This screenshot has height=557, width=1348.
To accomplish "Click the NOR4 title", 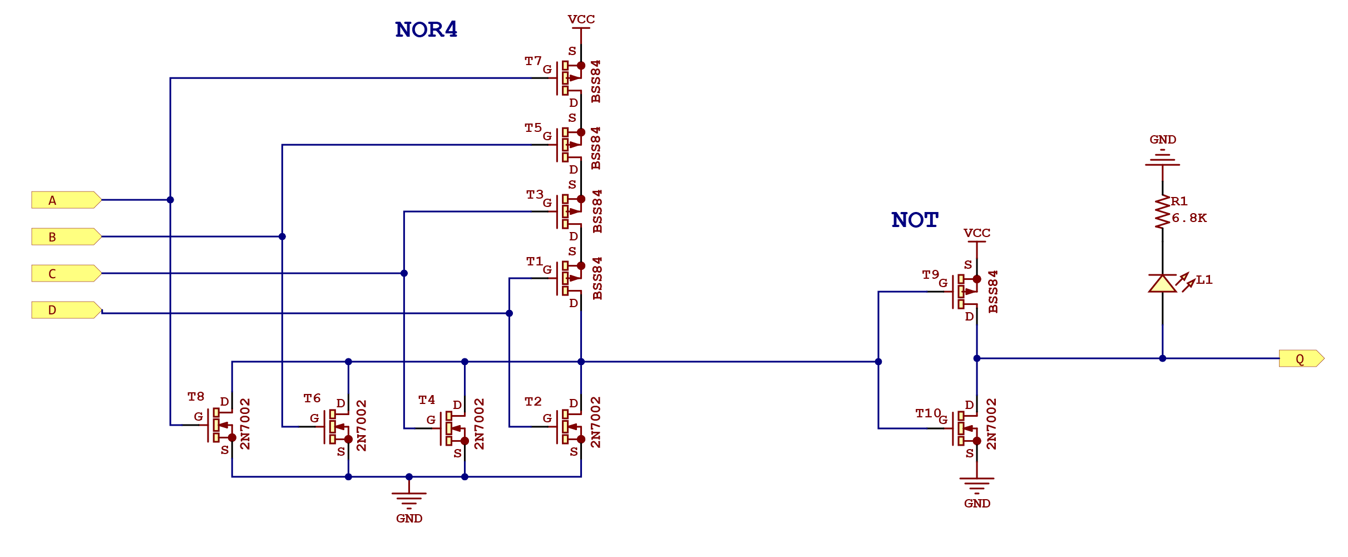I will [426, 29].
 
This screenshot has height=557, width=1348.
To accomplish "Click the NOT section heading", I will [915, 220].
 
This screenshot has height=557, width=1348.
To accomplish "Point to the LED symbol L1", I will [1162, 283].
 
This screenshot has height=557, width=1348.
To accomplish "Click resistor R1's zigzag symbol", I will [1162, 212].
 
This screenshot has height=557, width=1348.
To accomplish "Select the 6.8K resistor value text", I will [1189, 218].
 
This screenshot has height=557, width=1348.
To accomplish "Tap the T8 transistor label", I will [195, 397].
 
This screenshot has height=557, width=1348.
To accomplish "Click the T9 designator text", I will [930, 274].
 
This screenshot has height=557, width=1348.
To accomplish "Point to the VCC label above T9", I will [977, 233].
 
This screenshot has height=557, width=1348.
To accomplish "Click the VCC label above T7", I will [581, 19].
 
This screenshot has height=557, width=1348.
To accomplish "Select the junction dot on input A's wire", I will [170, 200].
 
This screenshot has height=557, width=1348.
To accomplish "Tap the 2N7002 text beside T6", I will [362, 425].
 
